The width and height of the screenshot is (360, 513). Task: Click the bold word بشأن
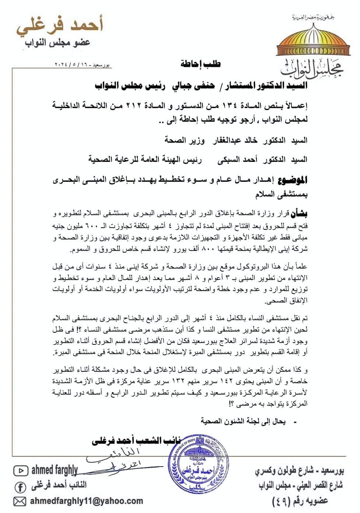pyautogui.click(x=298, y=213)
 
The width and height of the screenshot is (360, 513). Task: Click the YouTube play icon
pyautogui.click(x=21, y=471)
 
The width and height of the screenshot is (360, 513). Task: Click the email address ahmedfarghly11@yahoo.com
pyautogui.click(x=86, y=501)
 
